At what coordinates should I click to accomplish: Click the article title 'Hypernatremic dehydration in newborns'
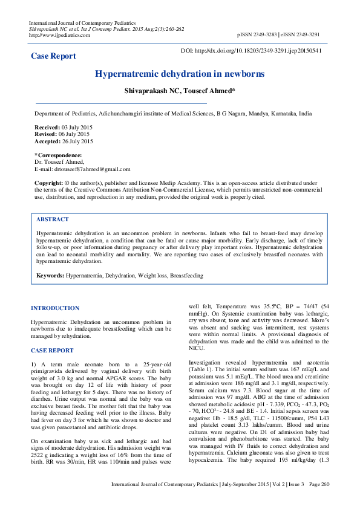[x=180, y=74]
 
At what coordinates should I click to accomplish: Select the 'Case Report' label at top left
[x=54, y=56]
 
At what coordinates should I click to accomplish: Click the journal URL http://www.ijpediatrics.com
[x=59, y=35]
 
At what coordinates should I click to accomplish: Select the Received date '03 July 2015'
[x=77, y=127]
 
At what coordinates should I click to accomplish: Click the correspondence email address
[x=91, y=170]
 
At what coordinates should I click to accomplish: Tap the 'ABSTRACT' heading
[x=53, y=219]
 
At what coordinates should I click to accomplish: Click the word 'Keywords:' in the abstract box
[x=50, y=276]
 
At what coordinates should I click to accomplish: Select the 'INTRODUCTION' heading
[x=55, y=308]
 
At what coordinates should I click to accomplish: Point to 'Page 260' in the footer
[x=318, y=501]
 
